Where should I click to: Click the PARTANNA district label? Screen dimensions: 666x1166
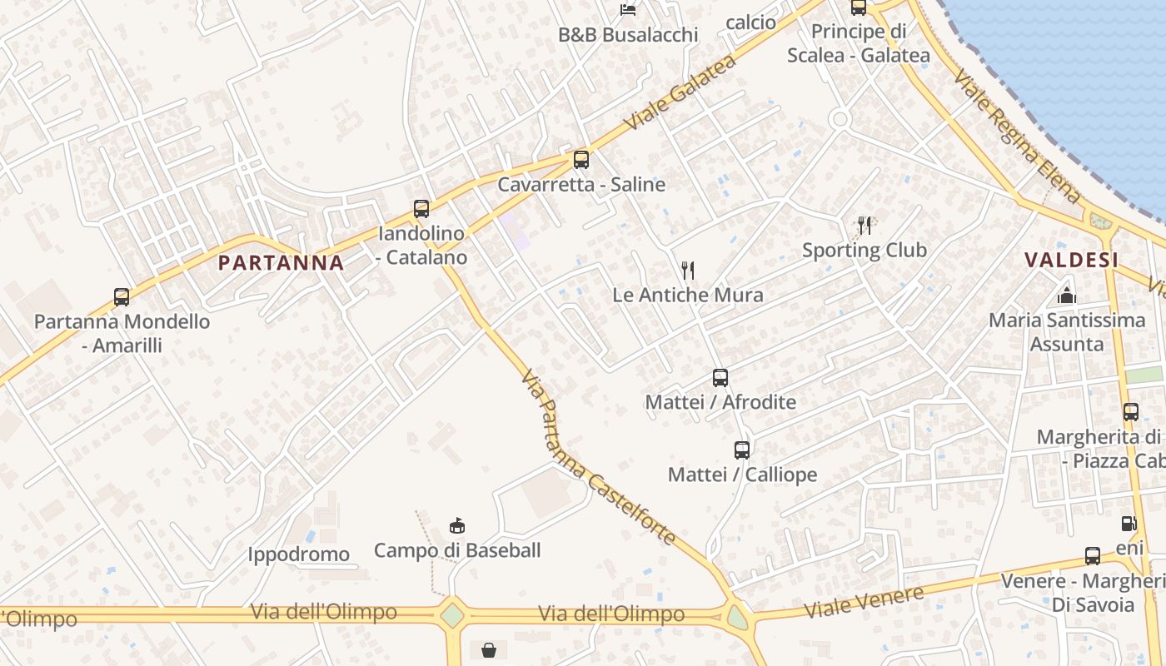(x=281, y=263)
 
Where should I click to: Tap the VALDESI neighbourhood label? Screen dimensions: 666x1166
(x=1071, y=260)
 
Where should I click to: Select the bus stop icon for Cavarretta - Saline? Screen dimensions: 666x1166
(x=581, y=159)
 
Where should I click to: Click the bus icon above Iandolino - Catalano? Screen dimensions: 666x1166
(x=421, y=208)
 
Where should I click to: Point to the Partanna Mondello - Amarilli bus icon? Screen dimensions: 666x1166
(x=122, y=296)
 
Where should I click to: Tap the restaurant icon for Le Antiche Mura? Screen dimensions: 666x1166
(x=688, y=270)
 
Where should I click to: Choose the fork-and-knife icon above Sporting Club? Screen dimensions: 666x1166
(x=865, y=225)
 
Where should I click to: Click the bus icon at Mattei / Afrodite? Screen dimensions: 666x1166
(x=720, y=377)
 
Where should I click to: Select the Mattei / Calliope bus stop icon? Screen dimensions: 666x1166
(x=742, y=450)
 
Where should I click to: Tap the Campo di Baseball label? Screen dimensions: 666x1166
(x=457, y=550)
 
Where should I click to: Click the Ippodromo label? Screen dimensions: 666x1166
(x=298, y=554)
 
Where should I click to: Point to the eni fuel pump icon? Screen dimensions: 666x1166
(x=1129, y=524)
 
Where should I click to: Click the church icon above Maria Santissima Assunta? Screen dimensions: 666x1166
(x=1067, y=296)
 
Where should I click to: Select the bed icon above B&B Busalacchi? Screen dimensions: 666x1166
(x=628, y=10)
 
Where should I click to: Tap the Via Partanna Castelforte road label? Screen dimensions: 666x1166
(x=597, y=458)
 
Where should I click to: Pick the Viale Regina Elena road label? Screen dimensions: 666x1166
(x=1016, y=136)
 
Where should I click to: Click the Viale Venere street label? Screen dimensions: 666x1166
(x=864, y=602)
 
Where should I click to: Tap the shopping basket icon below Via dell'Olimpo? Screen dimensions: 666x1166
(x=489, y=649)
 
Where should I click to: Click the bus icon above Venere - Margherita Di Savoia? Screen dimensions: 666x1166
(x=1093, y=555)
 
